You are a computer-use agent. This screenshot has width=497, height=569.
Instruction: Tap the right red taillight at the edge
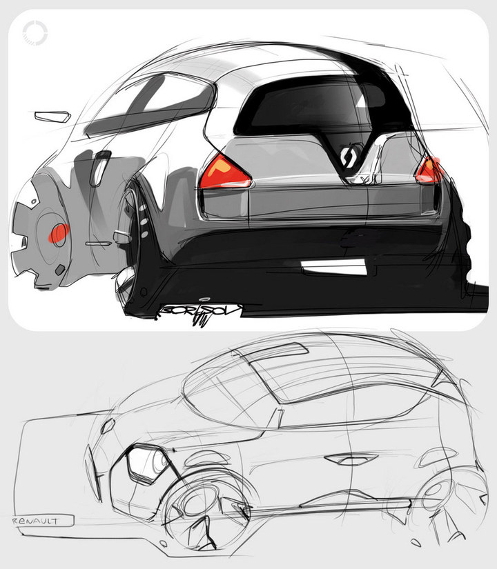click(x=429, y=169)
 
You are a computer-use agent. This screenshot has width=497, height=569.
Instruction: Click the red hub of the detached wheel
click(x=58, y=234)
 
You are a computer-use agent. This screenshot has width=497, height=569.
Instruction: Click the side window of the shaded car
click(x=148, y=103)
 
